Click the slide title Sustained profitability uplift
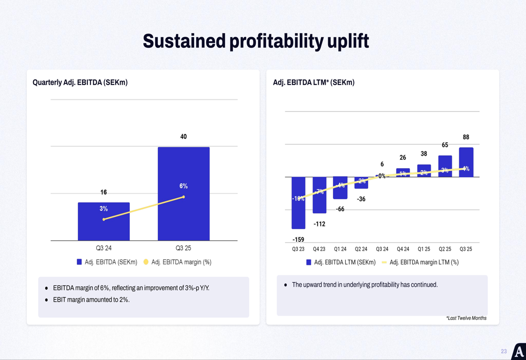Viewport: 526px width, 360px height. click(256, 41)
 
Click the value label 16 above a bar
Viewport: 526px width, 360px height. click(104, 192)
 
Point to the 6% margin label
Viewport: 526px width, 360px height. click(184, 186)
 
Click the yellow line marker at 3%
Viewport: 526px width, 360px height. click(104, 219)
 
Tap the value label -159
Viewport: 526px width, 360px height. click(298, 240)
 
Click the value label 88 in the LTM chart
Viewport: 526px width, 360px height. click(466, 137)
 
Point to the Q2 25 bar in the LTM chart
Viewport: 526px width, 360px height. click(445, 166)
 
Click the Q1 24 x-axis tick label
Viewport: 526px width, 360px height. click(340, 249)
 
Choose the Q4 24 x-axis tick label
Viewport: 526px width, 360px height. click(403, 249)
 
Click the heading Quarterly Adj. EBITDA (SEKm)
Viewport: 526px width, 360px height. click(80, 83)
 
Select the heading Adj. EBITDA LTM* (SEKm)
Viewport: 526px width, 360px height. click(313, 83)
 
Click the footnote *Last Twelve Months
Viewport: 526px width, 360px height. click(466, 318)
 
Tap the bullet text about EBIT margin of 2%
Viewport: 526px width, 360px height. click(91, 300)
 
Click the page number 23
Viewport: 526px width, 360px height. click(503, 351)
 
